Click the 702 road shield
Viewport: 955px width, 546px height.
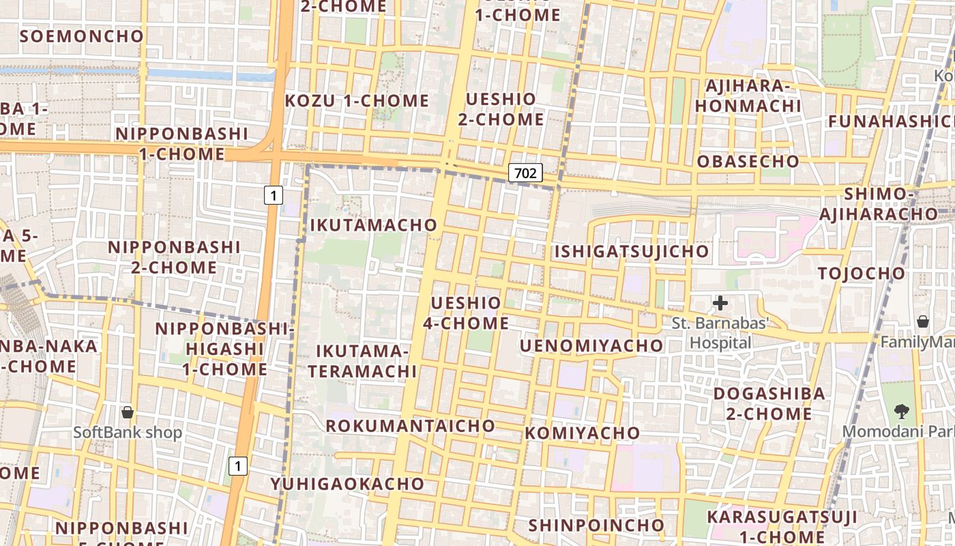525,173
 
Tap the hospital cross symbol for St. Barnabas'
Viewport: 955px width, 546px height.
720,302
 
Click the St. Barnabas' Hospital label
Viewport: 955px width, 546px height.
721,332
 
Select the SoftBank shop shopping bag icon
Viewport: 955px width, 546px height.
127,412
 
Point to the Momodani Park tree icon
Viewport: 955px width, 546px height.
902,411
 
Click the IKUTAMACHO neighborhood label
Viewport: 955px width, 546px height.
373,225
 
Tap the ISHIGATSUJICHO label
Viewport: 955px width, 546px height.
632,251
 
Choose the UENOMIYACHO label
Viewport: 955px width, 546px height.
591,345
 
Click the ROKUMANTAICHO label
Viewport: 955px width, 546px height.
410,425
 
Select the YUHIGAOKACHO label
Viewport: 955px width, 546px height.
347,484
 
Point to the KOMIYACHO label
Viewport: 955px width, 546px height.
583,433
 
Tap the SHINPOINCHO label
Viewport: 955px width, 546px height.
596,525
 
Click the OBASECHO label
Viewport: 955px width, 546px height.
748,161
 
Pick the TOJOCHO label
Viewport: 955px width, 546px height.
862,273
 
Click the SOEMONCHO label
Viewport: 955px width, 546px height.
82,36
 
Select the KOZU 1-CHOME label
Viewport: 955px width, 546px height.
357,101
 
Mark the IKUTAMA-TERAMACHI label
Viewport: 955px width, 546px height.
362,361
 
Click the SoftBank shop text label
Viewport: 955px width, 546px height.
128,432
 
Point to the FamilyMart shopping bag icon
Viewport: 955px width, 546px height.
922,321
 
